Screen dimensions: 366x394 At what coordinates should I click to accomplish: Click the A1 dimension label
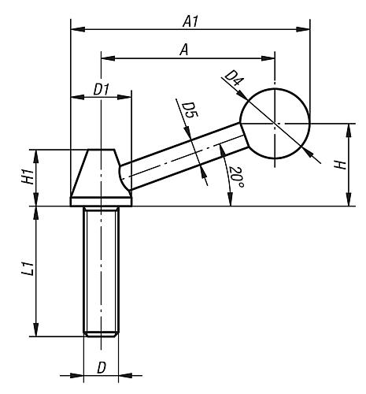pos(190,21)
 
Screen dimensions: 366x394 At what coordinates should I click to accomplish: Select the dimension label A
pos(184,50)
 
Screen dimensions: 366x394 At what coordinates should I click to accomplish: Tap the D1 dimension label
pos(101,90)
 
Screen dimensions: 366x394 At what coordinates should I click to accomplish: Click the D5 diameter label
pos(190,110)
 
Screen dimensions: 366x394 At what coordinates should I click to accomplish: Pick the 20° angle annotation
pos(237,177)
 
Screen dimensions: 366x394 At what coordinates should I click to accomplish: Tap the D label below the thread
pos(102,368)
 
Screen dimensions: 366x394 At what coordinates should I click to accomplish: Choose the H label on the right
pos(340,165)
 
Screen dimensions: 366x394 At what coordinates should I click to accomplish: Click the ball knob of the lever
pos(275,124)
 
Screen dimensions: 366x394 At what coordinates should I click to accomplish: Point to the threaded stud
pos(101,271)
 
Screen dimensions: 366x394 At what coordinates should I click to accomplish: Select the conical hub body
pos(101,173)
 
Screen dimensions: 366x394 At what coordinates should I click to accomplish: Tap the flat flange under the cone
pos(101,202)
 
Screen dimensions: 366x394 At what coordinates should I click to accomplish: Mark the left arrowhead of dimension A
pos(108,58)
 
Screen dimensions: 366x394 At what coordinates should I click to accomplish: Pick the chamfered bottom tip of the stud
pos(102,334)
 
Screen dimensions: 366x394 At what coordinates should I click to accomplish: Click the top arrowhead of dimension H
pos(349,130)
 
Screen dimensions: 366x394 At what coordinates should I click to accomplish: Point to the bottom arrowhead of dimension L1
pos(36,329)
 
